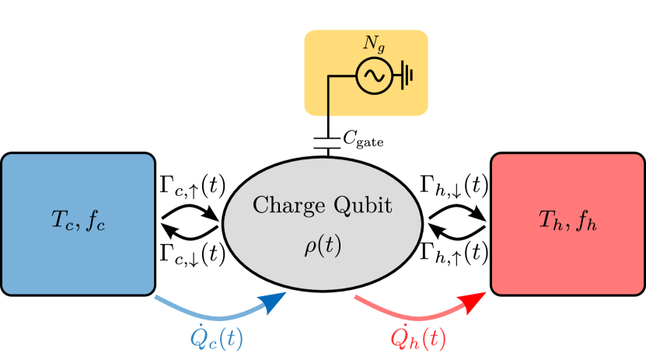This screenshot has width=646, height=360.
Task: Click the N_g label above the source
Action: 374,44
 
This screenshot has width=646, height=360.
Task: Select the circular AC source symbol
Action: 374,75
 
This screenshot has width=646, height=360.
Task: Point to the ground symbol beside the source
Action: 407,75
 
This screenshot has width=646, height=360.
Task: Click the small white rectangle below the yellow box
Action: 327,142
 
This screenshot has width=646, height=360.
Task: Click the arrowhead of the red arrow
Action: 477,299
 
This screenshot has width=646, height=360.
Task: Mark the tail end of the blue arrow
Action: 158,297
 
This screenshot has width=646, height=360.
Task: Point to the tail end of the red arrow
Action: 358,297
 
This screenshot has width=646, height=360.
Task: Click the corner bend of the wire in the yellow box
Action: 328,76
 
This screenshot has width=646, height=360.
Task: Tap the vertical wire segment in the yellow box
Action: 328,97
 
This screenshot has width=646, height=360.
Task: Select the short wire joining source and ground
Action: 396,75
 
